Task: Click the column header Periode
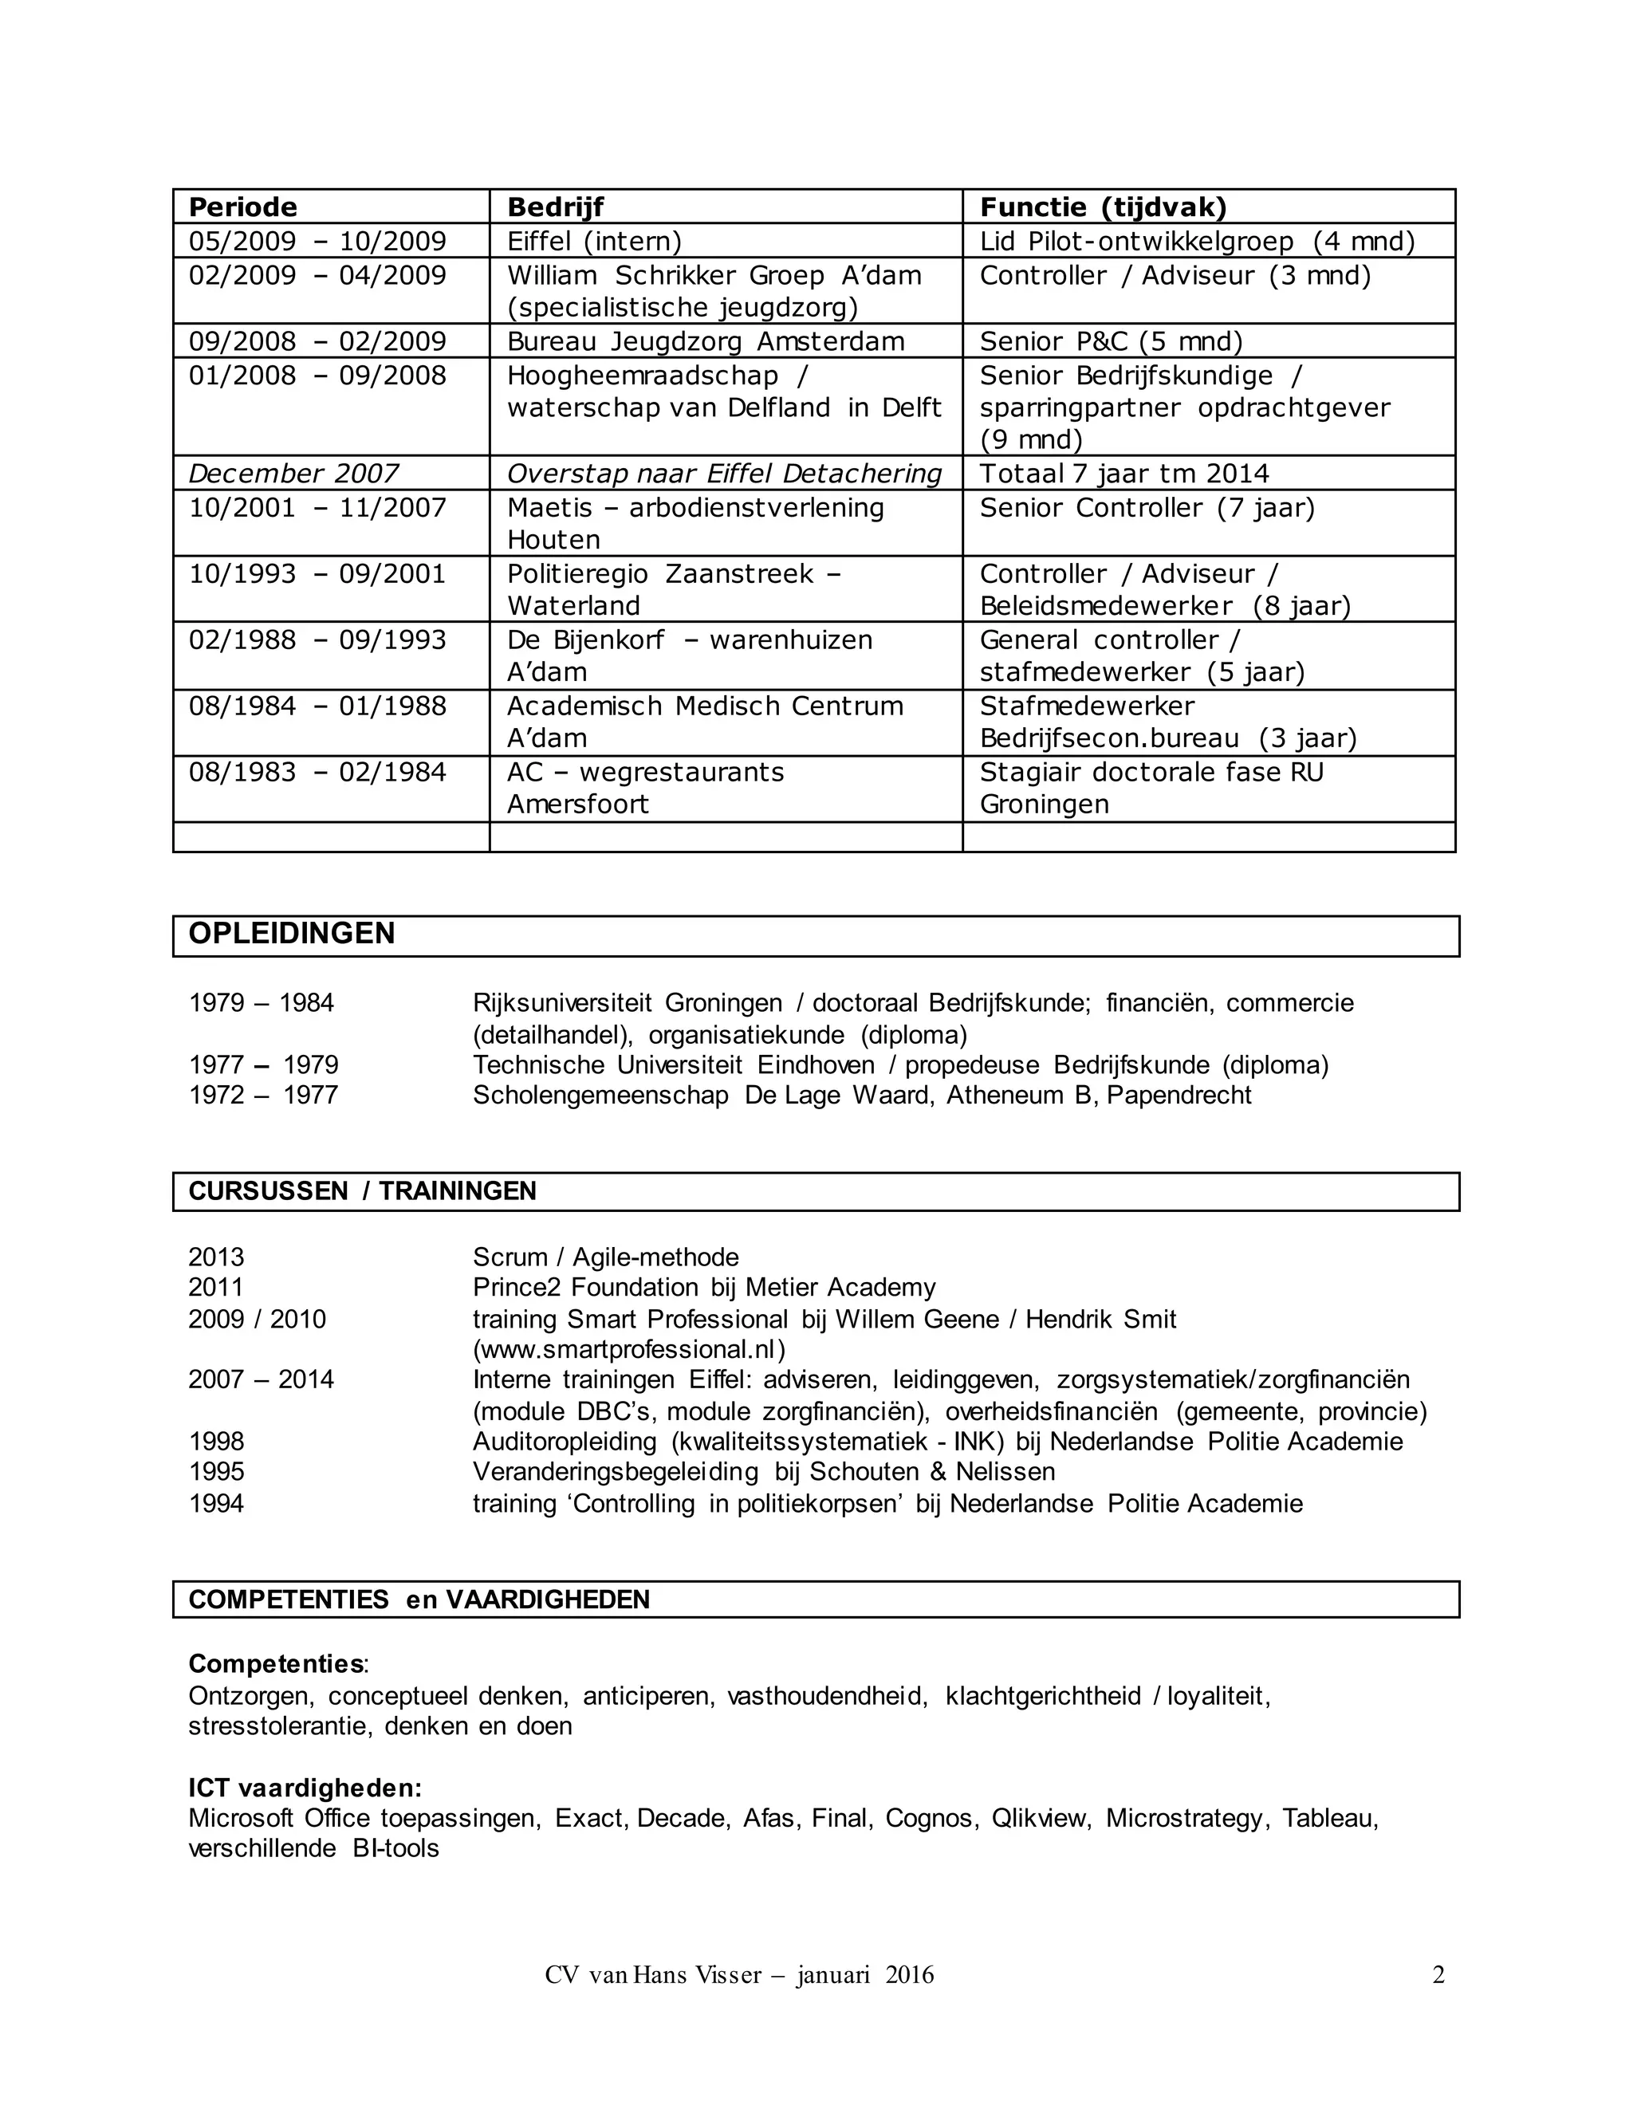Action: coord(243,207)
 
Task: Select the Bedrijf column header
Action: coord(555,207)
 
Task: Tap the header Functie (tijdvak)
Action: coord(1103,207)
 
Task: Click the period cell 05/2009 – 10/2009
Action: coord(317,241)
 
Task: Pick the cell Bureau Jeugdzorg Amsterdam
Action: coord(705,341)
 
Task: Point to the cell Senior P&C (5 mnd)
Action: coord(1111,341)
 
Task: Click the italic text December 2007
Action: coord(293,473)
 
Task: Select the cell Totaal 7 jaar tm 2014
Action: coord(1124,473)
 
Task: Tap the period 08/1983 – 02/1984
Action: coord(317,772)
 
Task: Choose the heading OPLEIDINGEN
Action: coord(291,934)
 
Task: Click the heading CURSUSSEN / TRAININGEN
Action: coord(362,1191)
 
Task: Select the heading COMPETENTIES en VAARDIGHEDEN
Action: coord(419,1600)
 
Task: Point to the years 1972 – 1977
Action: coord(263,1096)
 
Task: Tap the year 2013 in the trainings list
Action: coord(217,1257)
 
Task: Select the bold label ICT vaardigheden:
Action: coord(305,1788)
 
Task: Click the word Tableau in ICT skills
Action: coord(1329,1818)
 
